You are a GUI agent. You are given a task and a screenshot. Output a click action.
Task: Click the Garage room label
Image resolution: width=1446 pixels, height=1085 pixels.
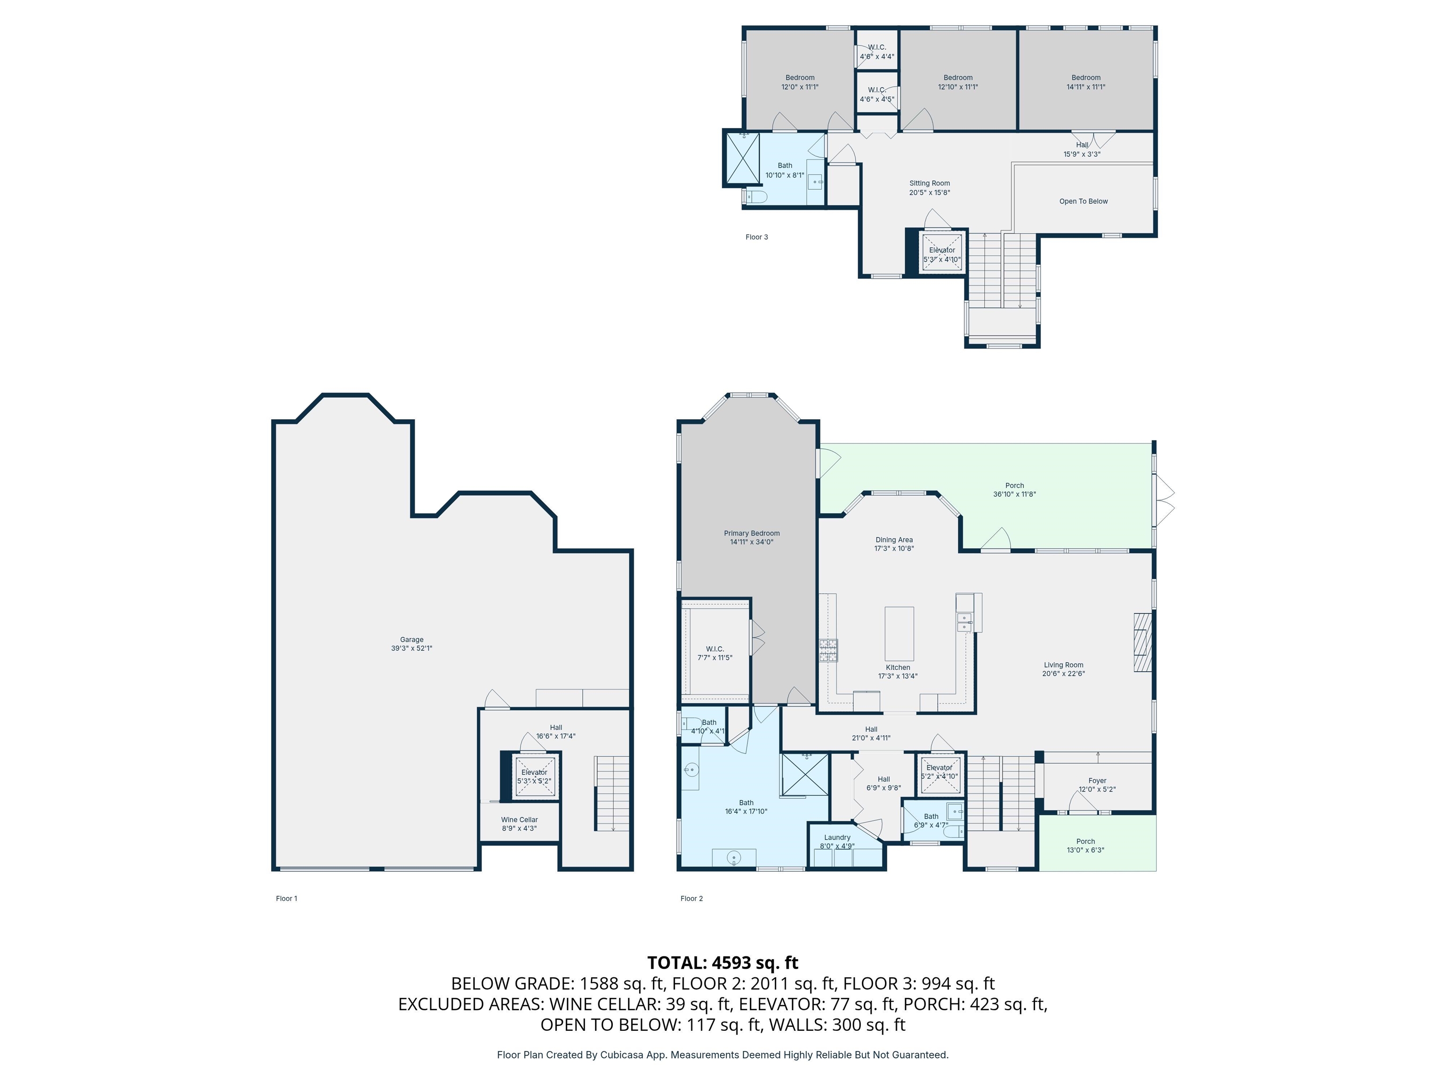click(x=412, y=644)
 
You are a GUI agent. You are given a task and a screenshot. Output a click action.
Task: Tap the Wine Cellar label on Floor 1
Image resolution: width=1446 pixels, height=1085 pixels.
click(x=520, y=823)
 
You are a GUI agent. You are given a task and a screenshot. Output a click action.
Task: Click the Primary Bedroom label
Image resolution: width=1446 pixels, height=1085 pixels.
click(x=752, y=537)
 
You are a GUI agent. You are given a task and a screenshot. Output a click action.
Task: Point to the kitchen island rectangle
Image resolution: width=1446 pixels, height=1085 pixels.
click(x=900, y=634)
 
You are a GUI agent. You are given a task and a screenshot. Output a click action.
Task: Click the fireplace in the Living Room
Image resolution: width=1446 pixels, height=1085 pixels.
click(x=1142, y=642)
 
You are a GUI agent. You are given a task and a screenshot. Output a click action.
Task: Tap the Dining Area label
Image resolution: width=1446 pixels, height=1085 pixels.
click(x=894, y=544)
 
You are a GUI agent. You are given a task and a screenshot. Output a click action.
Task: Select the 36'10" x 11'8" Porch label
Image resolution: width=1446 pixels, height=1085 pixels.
click(x=1014, y=490)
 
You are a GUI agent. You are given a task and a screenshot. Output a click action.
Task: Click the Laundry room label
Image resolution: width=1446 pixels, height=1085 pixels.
click(x=837, y=842)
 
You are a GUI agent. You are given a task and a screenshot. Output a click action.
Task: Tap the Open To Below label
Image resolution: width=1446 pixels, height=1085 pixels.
click(x=1084, y=202)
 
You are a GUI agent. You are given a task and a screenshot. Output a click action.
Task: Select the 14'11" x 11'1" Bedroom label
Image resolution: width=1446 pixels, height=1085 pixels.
click(x=1086, y=82)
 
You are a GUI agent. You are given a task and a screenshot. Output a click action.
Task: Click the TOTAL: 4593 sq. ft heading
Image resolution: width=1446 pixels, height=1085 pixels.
click(x=723, y=963)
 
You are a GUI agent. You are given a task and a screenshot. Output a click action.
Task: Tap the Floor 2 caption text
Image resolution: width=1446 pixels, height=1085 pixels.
click(x=691, y=899)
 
